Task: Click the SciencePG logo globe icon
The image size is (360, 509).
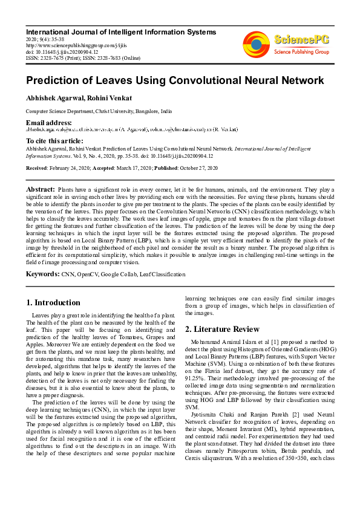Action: tap(256, 44)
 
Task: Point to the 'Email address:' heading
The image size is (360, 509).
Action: tap(48, 123)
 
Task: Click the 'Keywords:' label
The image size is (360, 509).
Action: tap(42, 274)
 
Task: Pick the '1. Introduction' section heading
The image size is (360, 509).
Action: tap(53, 302)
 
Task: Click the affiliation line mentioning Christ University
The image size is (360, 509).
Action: tap(98, 111)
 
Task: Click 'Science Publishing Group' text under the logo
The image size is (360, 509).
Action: tap(301, 52)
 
